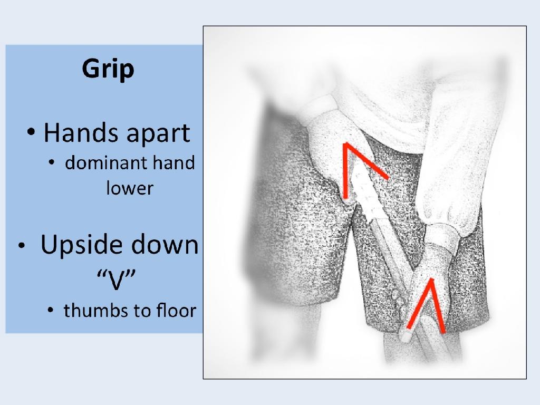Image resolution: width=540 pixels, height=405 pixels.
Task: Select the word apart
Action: pyautogui.click(x=158, y=134)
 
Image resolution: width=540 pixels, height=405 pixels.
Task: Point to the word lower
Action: pyautogui.click(x=130, y=188)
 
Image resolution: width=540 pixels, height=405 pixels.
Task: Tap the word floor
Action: pyautogui.click(x=176, y=310)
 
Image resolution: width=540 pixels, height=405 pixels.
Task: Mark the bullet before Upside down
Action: pyautogui.click(x=22, y=246)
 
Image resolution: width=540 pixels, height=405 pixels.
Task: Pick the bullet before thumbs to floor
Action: pyautogui.click(x=51, y=310)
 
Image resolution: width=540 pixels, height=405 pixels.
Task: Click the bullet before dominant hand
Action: pyautogui.click(x=52, y=162)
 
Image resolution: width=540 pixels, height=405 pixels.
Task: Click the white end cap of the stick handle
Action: pyautogui.click(x=406, y=335)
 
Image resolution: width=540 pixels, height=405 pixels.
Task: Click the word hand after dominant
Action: pyautogui.click(x=173, y=162)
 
